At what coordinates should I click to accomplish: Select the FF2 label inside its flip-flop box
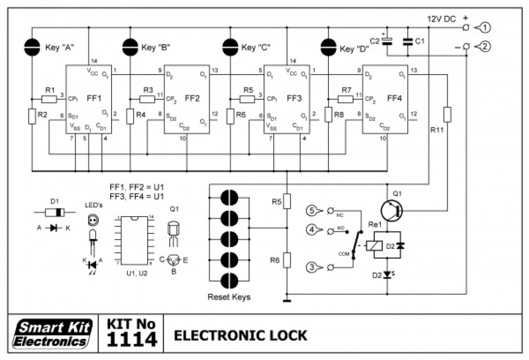click(192, 99)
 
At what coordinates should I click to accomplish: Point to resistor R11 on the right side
click(448, 115)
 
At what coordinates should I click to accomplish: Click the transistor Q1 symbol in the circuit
click(391, 210)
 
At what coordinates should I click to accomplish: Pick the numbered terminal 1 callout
click(483, 28)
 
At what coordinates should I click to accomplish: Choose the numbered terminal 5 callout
click(313, 210)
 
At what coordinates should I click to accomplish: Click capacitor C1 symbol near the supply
click(408, 42)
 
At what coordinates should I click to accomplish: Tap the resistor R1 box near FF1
click(49, 99)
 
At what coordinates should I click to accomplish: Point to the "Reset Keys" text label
click(229, 297)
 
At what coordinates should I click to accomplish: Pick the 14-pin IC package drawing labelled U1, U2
click(134, 240)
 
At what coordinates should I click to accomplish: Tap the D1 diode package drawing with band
click(54, 212)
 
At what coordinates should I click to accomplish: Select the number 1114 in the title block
click(131, 340)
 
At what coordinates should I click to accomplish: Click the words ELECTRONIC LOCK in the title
click(240, 335)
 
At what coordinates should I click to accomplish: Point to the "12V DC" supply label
click(441, 19)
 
